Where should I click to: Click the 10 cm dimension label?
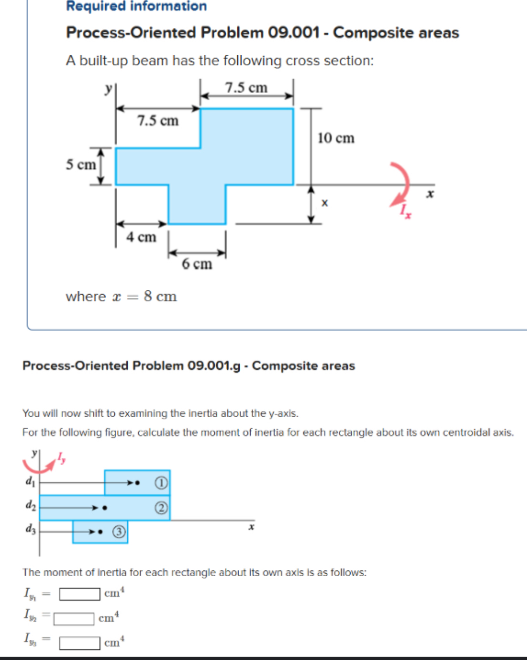(336, 138)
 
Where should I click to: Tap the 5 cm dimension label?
(81, 165)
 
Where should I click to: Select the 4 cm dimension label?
(141, 237)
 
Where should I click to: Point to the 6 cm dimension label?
(197, 264)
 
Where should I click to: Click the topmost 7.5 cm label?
(246, 88)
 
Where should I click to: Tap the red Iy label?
(61, 458)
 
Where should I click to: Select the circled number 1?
(162, 483)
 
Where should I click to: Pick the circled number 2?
(162, 508)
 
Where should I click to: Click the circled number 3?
(119, 532)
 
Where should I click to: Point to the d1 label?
(30, 481)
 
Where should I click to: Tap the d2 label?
(30, 505)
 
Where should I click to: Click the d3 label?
(30, 529)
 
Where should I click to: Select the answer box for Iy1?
(80, 594)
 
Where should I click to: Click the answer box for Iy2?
(74, 619)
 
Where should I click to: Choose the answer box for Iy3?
(80, 643)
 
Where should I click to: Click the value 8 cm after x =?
(160, 297)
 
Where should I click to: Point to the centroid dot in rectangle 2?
(105, 508)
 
